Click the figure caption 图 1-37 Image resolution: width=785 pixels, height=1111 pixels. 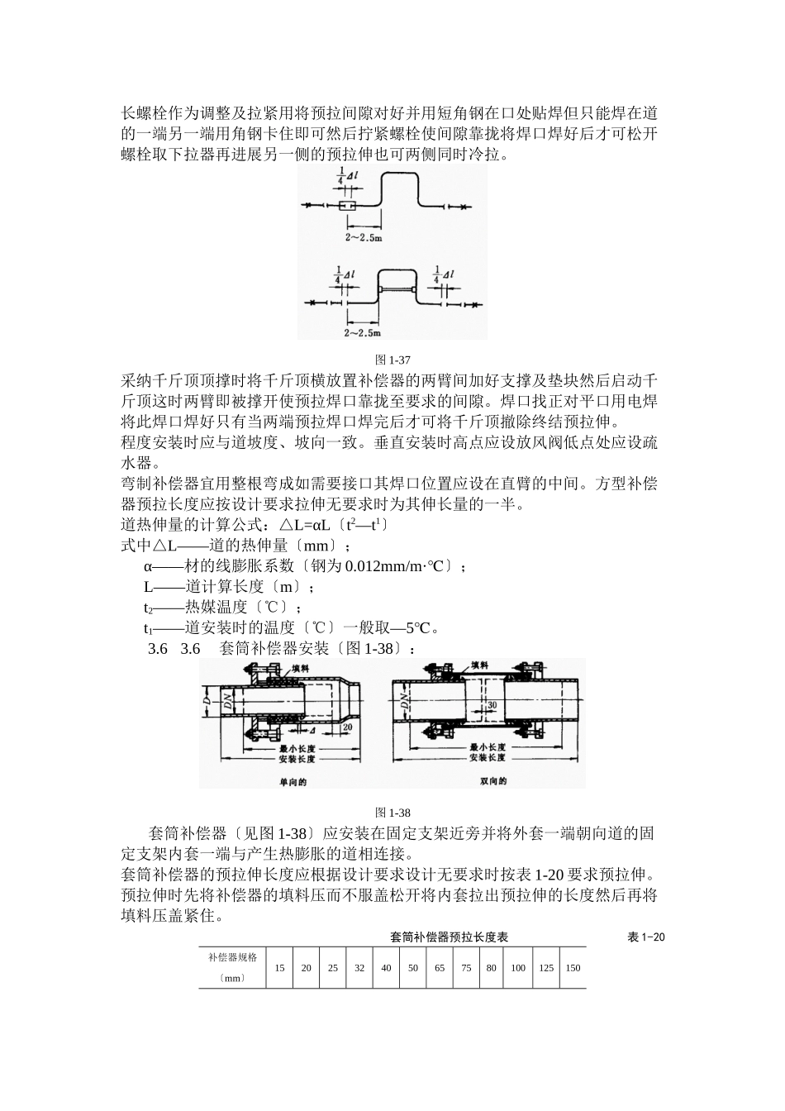[392, 360]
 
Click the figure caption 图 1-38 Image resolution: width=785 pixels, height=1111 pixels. [392, 813]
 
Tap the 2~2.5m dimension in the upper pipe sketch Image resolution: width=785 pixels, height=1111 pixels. [364, 237]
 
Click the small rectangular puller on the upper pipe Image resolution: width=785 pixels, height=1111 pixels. [347, 206]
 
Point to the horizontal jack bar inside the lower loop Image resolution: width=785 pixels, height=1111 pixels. [397, 288]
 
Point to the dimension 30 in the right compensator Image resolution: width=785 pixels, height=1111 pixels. [491, 704]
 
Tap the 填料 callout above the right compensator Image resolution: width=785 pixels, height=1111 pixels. [479, 665]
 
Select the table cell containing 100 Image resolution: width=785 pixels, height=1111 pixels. [518, 968]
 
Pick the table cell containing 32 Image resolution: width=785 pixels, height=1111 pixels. [359, 968]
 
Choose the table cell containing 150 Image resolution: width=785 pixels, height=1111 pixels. [573, 968]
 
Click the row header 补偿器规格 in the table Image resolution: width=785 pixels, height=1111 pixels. [232, 957]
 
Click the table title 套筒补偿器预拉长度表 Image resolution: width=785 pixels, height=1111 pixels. [449, 937]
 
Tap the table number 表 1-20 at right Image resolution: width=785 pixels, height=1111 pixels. [646, 937]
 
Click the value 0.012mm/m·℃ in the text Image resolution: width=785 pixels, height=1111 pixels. [397, 566]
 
